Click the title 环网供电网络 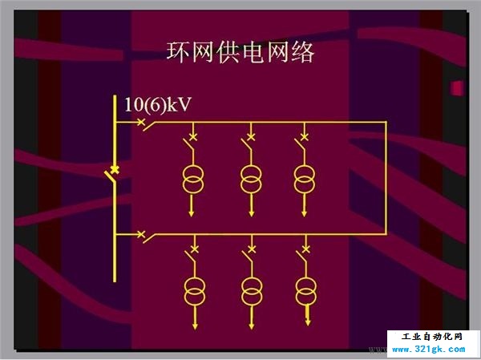[240, 52]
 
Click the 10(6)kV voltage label [158, 105]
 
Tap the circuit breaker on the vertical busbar [112, 174]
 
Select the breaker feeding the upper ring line [145, 124]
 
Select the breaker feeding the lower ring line [145, 237]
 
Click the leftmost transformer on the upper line [192, 180]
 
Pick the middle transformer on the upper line [251, 180]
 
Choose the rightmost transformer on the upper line [304, 180]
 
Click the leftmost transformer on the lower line [195, 292]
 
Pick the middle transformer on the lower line [252, 292]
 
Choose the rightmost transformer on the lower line [306, 292]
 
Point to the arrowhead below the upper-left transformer [192, 213]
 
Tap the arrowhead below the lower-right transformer [308, 322]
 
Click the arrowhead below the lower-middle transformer [252, 326]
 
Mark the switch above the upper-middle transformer [248, 142]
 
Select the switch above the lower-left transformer [192, 254]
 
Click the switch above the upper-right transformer [301, 142]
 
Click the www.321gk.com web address [429, 350]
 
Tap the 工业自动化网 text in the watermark [431, 337]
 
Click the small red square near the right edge [457, 88]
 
